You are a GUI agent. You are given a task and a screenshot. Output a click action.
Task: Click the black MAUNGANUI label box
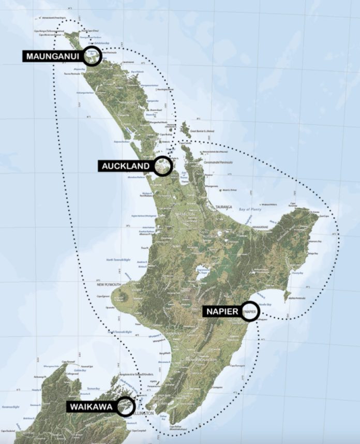click(54, 56)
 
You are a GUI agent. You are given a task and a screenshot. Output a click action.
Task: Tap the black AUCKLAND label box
click(126, 166)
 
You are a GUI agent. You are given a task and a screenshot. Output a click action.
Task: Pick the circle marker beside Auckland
click(162, 166)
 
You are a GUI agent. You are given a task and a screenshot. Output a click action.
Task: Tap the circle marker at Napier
click(250, 312)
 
